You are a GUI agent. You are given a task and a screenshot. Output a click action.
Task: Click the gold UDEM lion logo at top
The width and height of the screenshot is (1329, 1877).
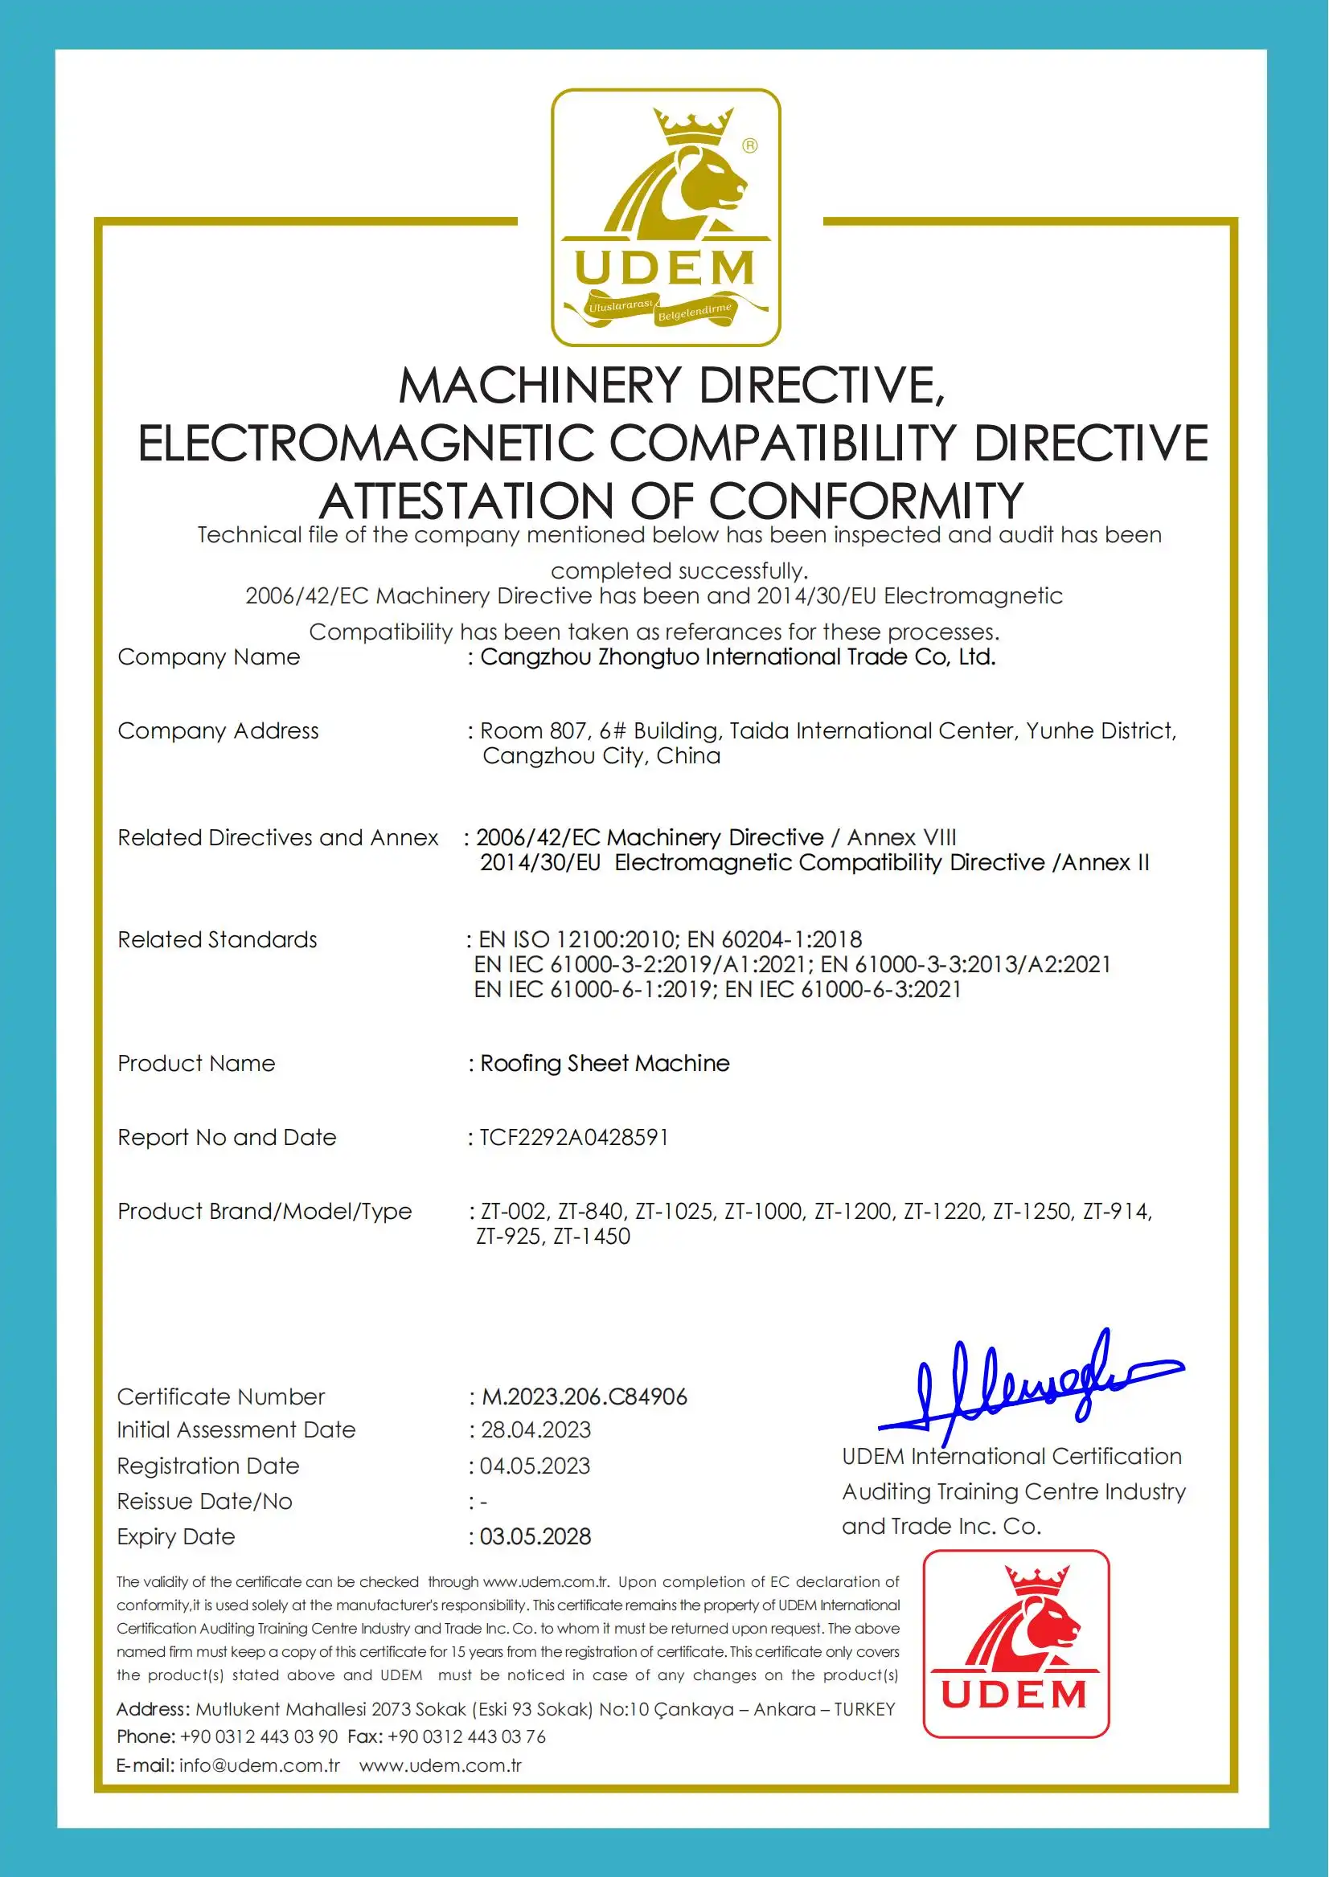666,217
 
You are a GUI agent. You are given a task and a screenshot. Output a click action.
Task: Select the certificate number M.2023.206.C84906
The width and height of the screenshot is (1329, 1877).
585,1397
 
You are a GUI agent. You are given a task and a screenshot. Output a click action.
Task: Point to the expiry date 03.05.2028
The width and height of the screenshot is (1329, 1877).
535,1537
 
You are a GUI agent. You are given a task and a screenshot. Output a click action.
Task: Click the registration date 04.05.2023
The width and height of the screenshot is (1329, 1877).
535,1466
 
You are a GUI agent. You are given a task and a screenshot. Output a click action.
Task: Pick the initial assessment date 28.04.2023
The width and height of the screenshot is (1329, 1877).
536,1429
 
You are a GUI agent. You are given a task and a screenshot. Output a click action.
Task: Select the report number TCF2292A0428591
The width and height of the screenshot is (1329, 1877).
575,1138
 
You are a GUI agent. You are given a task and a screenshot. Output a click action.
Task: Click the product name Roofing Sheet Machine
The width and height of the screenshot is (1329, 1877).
605,1063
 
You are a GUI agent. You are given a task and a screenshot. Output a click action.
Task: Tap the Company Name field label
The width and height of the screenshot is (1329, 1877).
209,656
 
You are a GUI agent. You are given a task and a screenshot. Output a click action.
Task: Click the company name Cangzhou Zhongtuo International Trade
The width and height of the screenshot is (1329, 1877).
737,656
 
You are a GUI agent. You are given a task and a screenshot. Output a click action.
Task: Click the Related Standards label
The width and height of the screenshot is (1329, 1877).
217,940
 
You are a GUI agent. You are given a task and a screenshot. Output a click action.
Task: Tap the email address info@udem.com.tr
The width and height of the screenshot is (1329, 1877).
260,1765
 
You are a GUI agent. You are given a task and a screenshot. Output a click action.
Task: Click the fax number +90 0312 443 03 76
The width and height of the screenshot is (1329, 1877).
466,1736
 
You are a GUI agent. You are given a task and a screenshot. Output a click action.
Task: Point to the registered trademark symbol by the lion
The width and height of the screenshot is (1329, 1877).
749,145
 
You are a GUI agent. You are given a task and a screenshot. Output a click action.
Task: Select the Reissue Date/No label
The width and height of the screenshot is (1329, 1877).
204,1502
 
